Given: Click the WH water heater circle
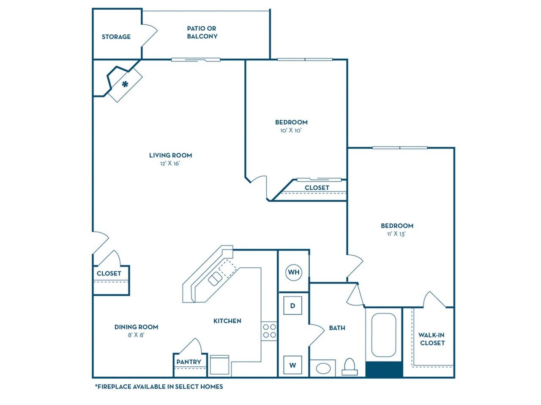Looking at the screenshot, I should [294, 272].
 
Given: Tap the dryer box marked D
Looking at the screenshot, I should [292, 305].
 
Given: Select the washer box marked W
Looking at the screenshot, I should [292, 365].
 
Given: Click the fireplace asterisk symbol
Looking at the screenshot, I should [125, 84].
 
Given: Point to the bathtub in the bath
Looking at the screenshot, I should [383, 335].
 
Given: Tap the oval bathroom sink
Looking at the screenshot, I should [323, 368].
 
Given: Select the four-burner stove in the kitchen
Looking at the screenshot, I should [269, 331].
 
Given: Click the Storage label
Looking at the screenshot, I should [116, 37].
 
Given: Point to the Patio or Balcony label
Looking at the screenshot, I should [202, 32].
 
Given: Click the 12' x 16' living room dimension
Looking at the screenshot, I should [170, 164].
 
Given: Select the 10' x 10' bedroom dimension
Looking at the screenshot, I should [291, 130].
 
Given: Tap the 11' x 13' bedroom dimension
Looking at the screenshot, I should [397, 234].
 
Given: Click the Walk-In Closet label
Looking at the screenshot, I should [432, 339].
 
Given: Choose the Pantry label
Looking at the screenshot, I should [189, 362].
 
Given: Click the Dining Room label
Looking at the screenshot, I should [136, 327].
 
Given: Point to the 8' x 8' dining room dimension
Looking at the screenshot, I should [136, 335].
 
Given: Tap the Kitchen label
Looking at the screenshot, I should [227, 321].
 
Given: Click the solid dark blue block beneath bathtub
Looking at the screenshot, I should [384, 370].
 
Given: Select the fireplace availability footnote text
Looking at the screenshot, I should [159, 386].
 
